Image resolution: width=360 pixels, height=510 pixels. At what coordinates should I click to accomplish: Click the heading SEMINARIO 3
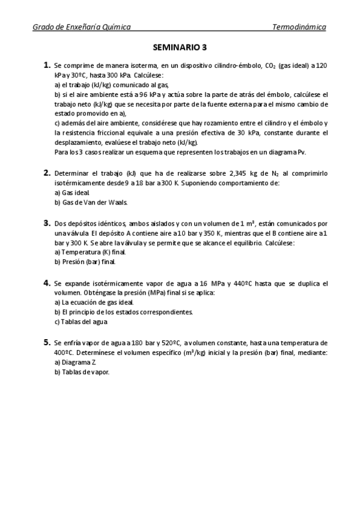pyautogui.click(x=180, y=46)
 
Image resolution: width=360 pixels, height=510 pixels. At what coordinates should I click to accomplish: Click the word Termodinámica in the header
pyautogui.click(x=299, y=27)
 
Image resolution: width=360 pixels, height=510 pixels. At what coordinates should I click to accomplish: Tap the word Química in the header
pyautogui.click(x=116, y=27)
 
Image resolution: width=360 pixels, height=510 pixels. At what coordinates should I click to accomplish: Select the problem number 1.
pyautogui.click(x=46, y=64)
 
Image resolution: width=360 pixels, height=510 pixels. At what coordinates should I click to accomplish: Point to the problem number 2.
pyautogui.click(x=46, y=173)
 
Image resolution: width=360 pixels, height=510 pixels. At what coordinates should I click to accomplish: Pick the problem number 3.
pyautogui.click(x=46, y=223)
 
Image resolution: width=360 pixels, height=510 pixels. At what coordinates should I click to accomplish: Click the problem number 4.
pyautogui.click(x=46, y=282)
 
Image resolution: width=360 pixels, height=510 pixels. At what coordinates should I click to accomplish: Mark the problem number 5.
pyautogui.click(x=46, y=342)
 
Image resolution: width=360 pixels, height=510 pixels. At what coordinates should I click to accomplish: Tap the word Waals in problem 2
pyautogui.click(x=118, y=202)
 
